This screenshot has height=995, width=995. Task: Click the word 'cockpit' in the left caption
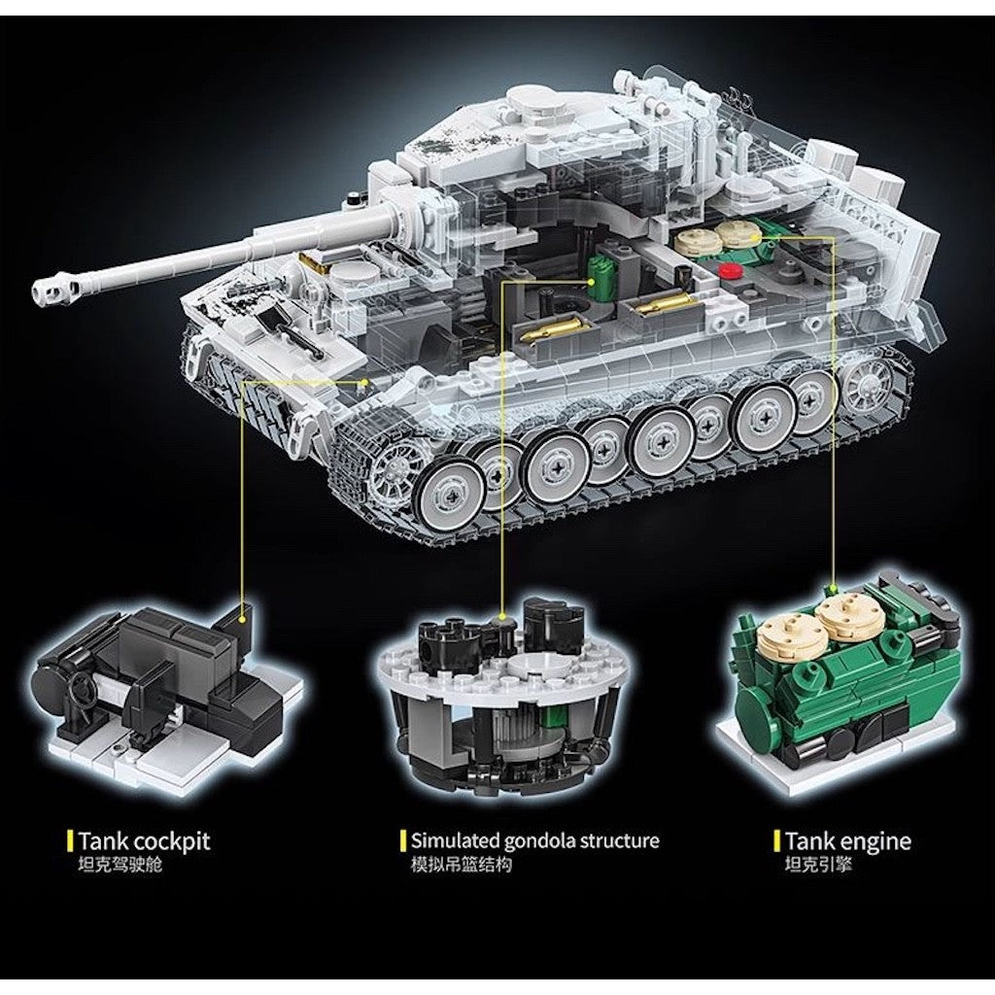pyautogui.click(x=172, y=841)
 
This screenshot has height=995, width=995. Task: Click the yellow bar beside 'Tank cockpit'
pyautogui.click(x=70, y=841)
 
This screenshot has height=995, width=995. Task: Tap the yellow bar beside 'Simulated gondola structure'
pyautogui.click(x=403, y=841)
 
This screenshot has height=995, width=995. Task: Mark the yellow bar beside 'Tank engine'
pyautogui.click(x=776, y=841)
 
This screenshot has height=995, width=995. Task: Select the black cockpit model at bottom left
pyautogui.click(x=162, y=692)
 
